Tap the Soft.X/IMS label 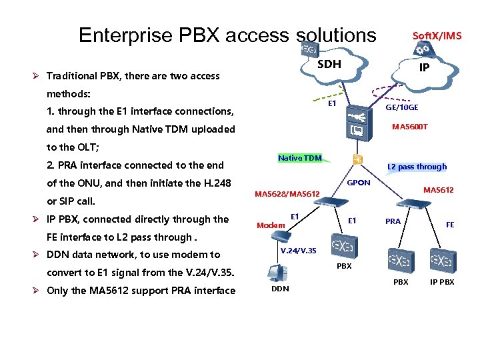[x=437, y=35]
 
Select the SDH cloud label [x=329, y=64]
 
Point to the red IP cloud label [x=423, y=67]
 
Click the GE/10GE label [x=403, y=107]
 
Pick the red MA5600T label [x=410, y=127]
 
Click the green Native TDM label [x=299, y=158]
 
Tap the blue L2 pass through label [x=417, y=167]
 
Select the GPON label [x=359, y=182]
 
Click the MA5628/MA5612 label [x=287, y=194]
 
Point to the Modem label [x=271, y=225]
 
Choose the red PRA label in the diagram [x=393, y=221]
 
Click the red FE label [x=450, y=225]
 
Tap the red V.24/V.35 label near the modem [x=293, y=251]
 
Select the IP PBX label [x=442, y=282]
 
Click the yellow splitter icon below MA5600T [x=358, y=159]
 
